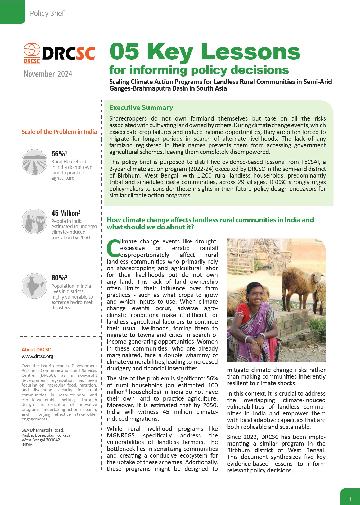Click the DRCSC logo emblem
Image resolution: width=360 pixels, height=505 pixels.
pos(32,53)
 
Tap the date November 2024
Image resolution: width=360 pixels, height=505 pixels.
pos(48,74)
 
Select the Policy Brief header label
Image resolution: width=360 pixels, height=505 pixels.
pos(47,13)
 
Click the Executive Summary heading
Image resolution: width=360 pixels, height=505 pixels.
pos(141,108)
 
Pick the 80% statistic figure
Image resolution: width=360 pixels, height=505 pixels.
pos(59,278)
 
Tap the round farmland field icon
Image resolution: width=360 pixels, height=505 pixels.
pos(34,162)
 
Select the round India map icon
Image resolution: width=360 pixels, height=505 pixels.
pos(34,286)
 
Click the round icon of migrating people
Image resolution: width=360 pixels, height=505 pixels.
pos(34,221)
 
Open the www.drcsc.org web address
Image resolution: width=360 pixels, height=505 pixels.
pos(38,356)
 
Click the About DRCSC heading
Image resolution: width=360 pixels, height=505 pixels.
pos(36,349)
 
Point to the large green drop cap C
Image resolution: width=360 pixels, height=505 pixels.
pos(113,248)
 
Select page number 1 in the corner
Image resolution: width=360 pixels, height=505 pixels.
pos(350,499)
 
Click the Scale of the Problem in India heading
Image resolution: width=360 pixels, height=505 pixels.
pos(59,132)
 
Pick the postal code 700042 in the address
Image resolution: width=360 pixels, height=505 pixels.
pos(53,440)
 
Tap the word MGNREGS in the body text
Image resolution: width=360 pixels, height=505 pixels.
pos(121,435)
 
